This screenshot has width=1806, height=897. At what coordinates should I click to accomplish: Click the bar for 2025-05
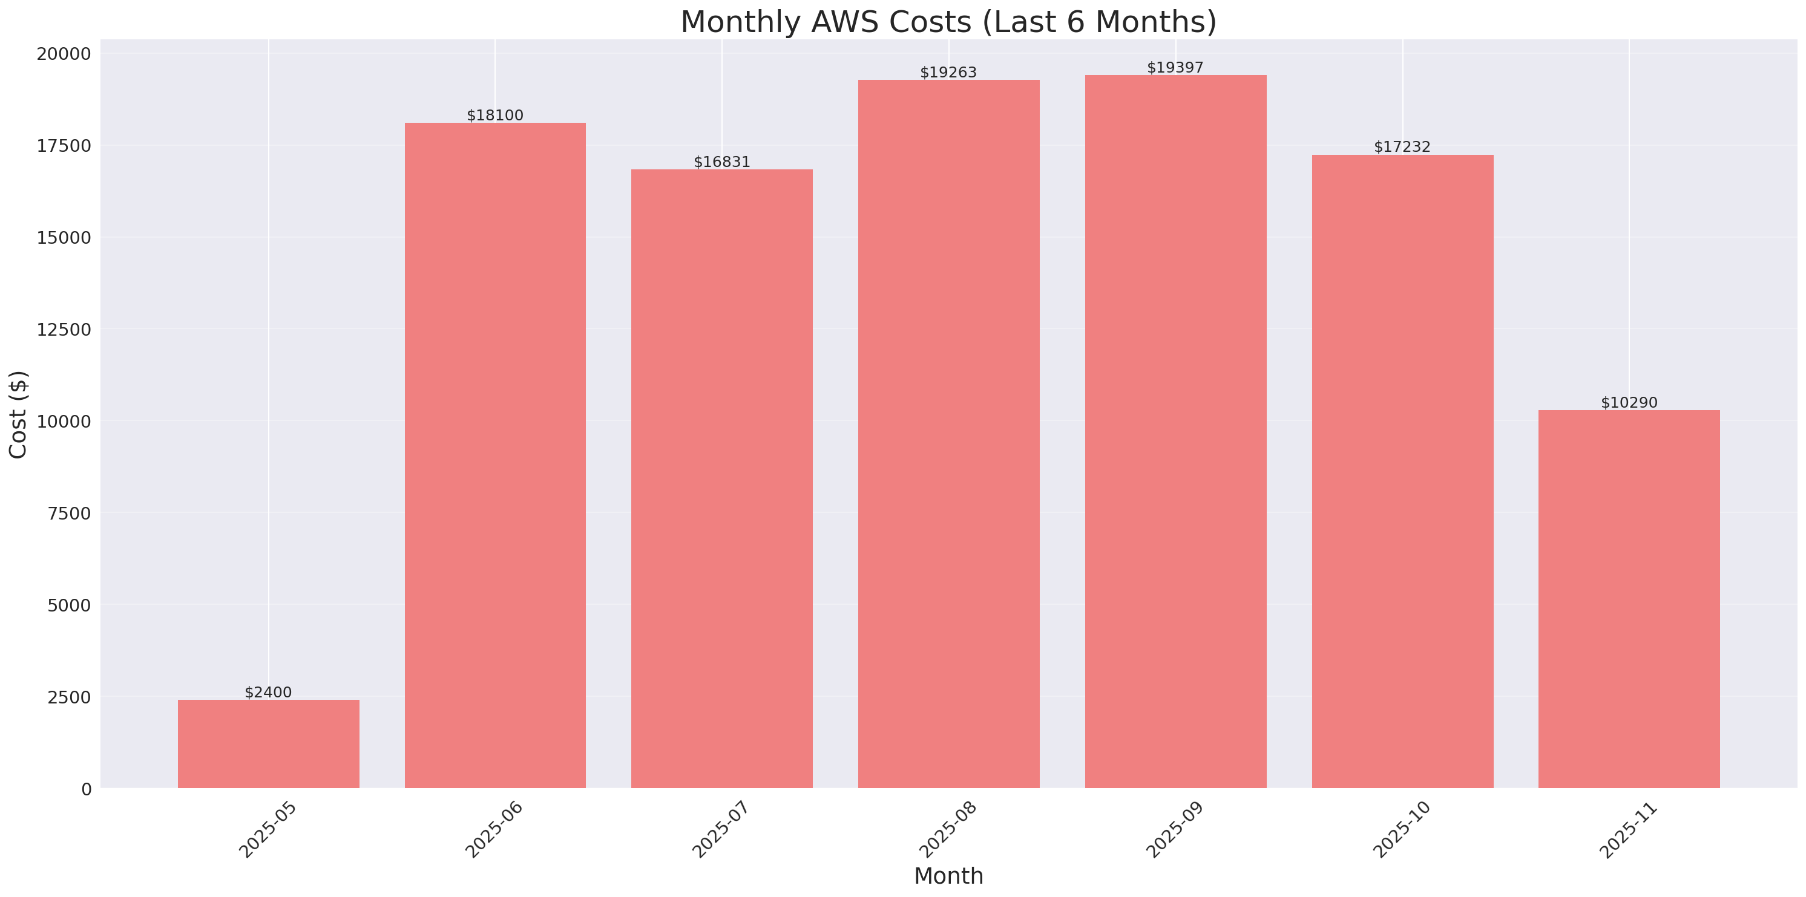click(269, 743)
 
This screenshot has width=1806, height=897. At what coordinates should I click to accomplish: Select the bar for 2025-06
click(495, 455)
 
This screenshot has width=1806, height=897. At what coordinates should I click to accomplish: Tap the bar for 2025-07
click(721, 478)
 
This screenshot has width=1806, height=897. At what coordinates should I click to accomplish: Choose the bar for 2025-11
click(1629, 599)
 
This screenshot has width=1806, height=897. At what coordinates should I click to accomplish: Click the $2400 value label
click(269, 693)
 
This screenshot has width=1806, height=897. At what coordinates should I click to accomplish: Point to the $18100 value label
click(495, 116)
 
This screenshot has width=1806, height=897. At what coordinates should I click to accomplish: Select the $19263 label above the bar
click(948, 72)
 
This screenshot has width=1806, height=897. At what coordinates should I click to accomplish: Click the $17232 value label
click(1402, 146)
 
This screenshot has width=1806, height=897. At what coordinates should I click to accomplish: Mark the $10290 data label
click(1629, 402)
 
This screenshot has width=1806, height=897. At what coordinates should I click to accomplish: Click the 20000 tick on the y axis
click(64, 54)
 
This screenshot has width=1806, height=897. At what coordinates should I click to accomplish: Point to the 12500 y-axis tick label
click(64, 330)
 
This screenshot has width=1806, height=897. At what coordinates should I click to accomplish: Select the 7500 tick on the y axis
click(70, 514)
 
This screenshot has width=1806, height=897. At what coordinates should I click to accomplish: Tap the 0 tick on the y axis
click(86, 790)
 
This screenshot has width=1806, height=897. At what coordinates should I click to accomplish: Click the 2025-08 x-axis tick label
click(948, 829)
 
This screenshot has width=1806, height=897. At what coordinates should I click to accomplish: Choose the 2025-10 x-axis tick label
click(1402, 829)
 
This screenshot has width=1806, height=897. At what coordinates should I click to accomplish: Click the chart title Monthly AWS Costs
click(948, 22)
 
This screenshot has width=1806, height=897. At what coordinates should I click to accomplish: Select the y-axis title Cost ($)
click(18, 414)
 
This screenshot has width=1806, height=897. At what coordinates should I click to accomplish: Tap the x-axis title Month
click(948, 876)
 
